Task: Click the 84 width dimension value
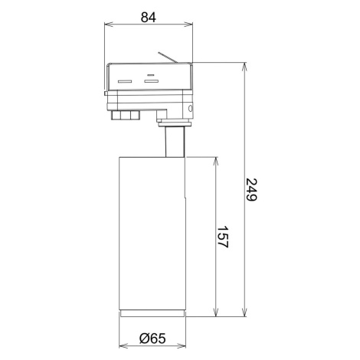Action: (149, 18)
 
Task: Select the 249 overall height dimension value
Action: (251, 190)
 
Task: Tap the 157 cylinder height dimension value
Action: (222, 237)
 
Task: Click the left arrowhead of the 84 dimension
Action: (108, 25)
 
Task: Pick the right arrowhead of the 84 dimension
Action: (189, 25)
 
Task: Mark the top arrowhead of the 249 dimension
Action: (245, 66)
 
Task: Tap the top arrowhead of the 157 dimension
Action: (216, 161)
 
